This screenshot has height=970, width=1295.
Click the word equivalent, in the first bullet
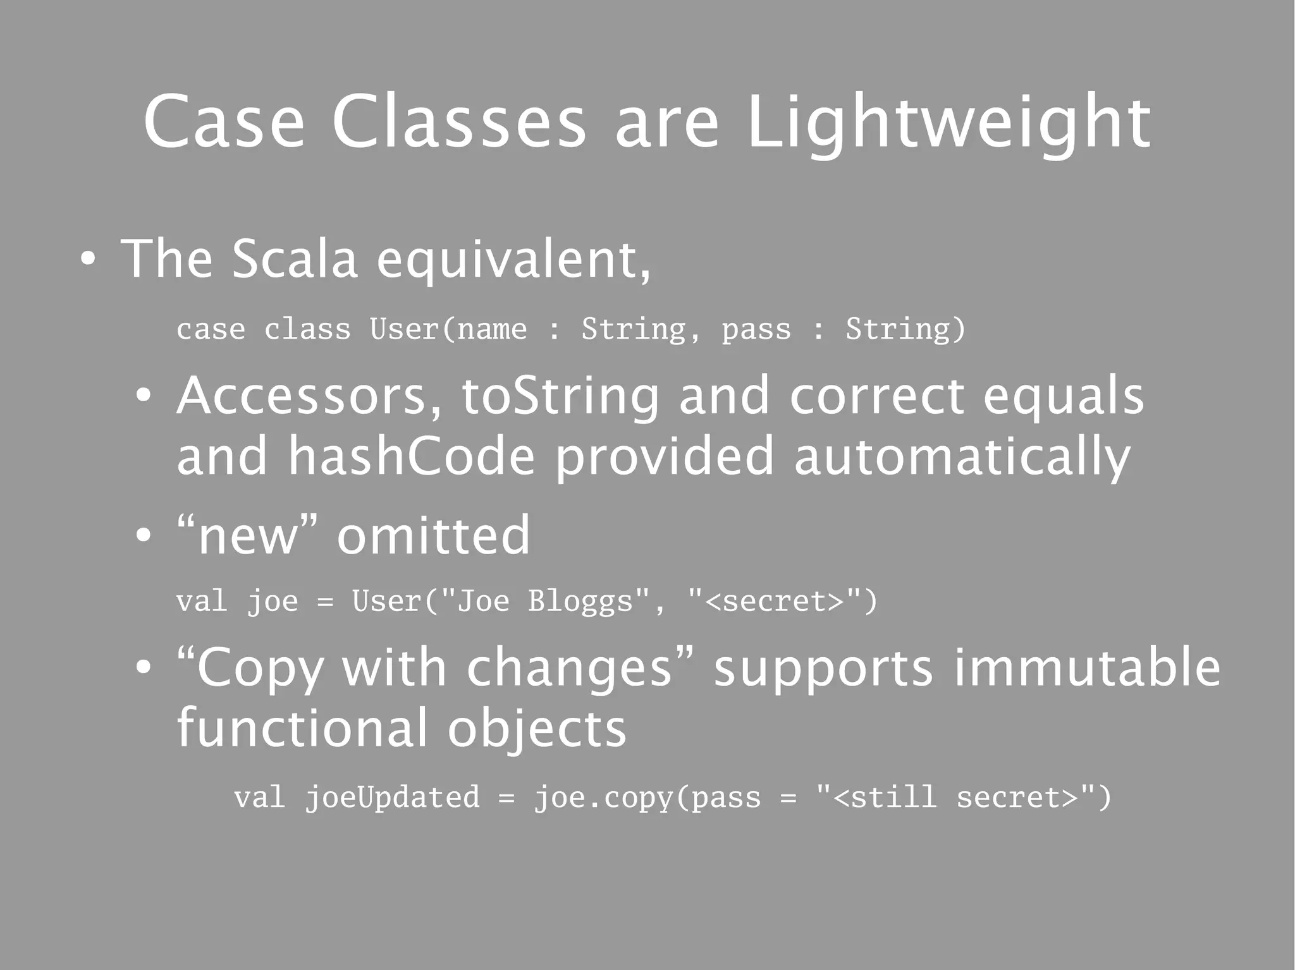click(x=513, y=259)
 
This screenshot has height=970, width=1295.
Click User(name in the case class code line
click(x=448, y=329)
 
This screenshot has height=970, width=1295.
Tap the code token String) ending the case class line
click(x=905, y=329)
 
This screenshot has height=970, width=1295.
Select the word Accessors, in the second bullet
click(x=309, y=396)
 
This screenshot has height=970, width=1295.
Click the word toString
click(x=560, y=396)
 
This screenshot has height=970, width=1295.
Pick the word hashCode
click(x=412, y=456)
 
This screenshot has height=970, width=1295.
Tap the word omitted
click(x=433, y=535)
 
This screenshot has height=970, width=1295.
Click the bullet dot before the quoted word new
click(x=144, y=536)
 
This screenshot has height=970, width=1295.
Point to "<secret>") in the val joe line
click(x=782, y=601)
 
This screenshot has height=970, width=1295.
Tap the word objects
click(x=537, y=729)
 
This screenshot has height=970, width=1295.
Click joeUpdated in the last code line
click(x=393, y=797)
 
